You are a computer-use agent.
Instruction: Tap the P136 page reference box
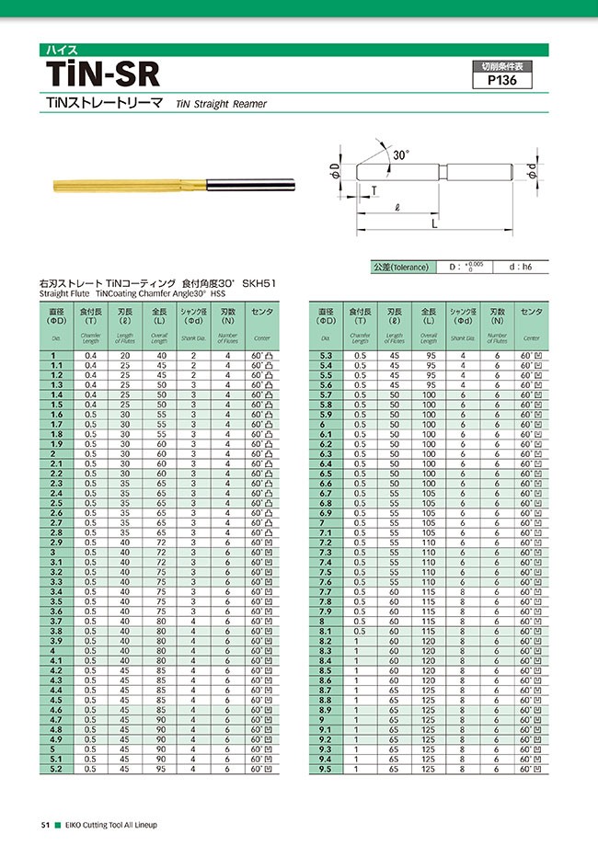[x=501, y=80]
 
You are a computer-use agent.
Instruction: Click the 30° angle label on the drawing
[x=399, y=156]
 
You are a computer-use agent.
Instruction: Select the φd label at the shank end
[x=532, y=171]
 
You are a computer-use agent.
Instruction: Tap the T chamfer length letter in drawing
[x=374, y=190]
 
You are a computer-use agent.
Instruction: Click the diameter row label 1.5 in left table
[x=57, y=405]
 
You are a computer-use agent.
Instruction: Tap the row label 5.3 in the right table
[x=325, y=355]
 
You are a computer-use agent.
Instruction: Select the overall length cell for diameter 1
[x=160, y=355]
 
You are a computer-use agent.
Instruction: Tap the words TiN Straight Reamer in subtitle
[x=221, y=105]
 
